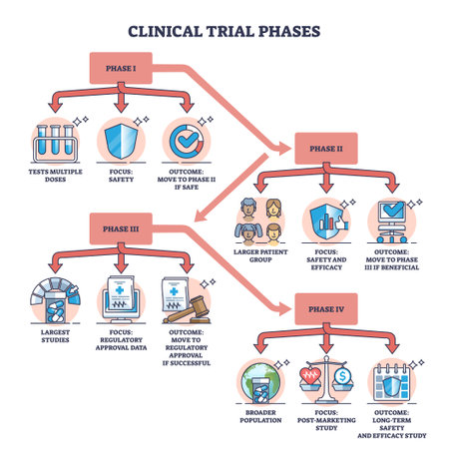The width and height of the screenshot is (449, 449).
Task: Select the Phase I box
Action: tap(122, 67)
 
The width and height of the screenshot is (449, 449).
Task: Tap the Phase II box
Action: tap(323, 149)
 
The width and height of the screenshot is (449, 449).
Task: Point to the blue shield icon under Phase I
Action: tap(121, 140)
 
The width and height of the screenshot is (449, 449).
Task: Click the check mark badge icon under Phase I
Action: tap(185, 140)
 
